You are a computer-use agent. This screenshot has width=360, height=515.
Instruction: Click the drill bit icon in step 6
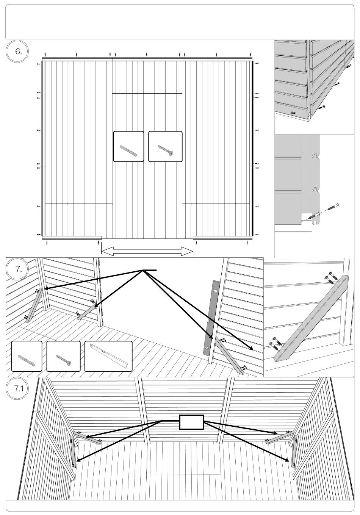[x=128, y=147]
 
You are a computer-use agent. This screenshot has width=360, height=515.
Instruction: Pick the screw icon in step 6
[x=165, y=147]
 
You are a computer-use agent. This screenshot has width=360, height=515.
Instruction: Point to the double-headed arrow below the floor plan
[x=147, y=250]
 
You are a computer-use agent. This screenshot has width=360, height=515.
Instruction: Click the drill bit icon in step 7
[x=27, y=356]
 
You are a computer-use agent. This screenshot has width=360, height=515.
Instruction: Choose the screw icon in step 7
[x=63, y=356]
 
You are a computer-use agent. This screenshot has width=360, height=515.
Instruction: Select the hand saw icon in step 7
[x=108, y=356]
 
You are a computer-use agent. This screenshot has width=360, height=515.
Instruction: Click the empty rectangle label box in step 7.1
[x=191, y=422]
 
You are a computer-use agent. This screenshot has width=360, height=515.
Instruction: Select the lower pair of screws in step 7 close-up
[x=274, y=343]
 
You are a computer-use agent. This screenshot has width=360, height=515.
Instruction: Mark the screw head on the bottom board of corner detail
[x=292, y=113]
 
